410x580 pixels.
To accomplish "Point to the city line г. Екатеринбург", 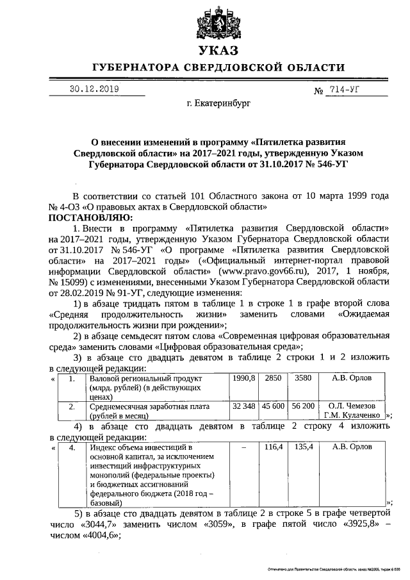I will click(218, 102).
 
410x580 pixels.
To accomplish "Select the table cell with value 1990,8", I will click(243, 378).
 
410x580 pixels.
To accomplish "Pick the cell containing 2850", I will click(274, 378).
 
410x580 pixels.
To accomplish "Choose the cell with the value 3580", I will click(302, 378).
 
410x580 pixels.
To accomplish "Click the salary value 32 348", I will click(243, 406).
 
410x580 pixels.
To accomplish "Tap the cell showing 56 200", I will click(302, 406).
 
